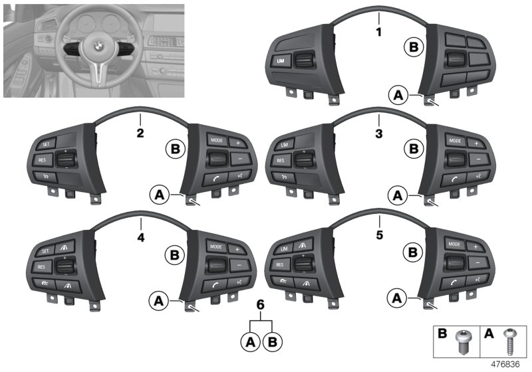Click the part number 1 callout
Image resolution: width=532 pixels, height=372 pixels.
click(x=379, y=31)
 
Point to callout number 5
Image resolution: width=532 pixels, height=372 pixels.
click(x=378, y=235)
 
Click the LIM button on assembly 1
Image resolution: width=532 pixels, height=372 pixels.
click(x=280, y=62)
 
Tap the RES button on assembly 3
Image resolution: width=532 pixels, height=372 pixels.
click(x=281, y=160)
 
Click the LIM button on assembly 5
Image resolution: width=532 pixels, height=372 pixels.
click(x=283, y=248)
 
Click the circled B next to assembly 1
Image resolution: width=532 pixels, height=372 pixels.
click(x=412, y=46)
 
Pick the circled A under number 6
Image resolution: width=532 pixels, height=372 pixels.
click(x=251, y=343)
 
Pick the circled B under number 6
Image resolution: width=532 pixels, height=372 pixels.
click(x=272, y=343)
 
